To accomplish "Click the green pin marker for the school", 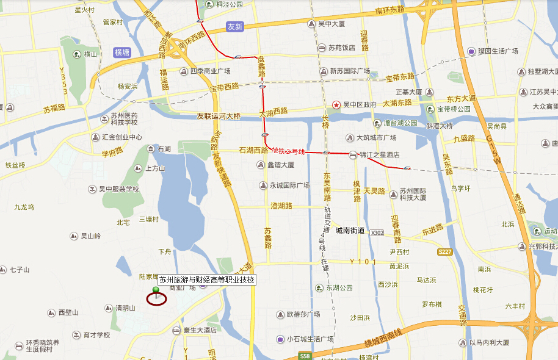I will pos(156,290).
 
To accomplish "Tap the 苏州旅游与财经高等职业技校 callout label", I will pos(207,280).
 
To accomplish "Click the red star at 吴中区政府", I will pos(336,104).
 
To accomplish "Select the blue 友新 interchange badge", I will pos(234,27).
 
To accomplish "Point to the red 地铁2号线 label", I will pos(288,150).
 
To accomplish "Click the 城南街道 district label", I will pos(350,231).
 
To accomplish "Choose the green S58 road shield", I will pos(306,356).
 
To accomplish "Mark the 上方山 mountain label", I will pos(155,168).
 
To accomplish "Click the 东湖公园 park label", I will pos(339,288).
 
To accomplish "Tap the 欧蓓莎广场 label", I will pos(303,315).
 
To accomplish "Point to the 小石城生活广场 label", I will pos(310,339).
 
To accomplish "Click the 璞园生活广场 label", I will pos(498,51).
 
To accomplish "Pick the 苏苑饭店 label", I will pos(341,48).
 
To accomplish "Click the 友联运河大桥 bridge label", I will pos(219,116).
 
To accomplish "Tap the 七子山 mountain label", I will pos(18,269).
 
